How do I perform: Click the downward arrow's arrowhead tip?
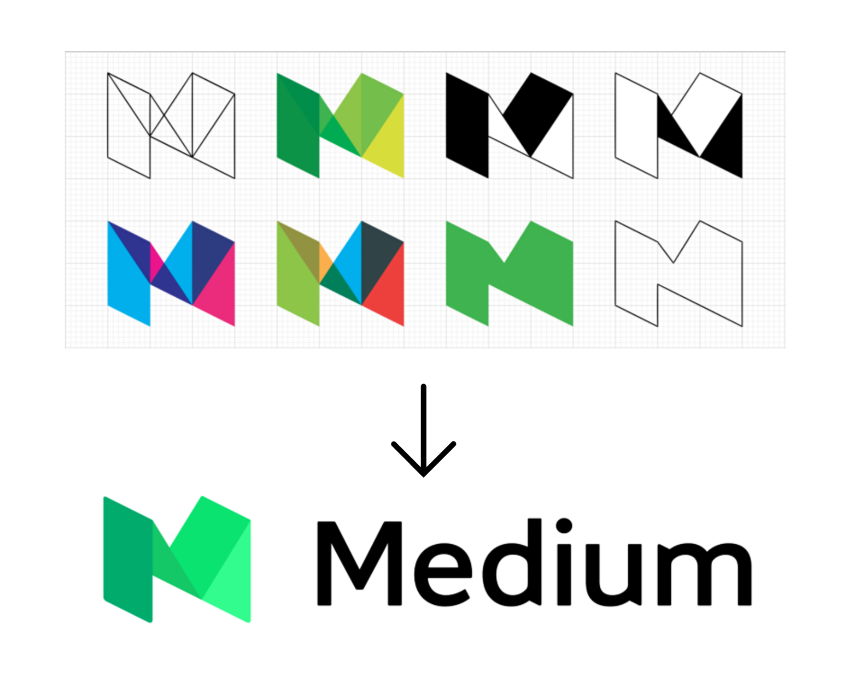click(423, 476)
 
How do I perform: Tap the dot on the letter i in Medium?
click(564, 526)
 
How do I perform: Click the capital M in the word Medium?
click(360, 563)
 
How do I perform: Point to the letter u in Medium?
click(613, 575)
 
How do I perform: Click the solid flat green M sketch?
click(510, 274)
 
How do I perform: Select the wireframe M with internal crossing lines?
click(171, 125)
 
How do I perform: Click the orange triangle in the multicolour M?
click(325, 262)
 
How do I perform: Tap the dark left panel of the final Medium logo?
click(128, 560)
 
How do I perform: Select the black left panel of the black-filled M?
click(467, 125)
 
